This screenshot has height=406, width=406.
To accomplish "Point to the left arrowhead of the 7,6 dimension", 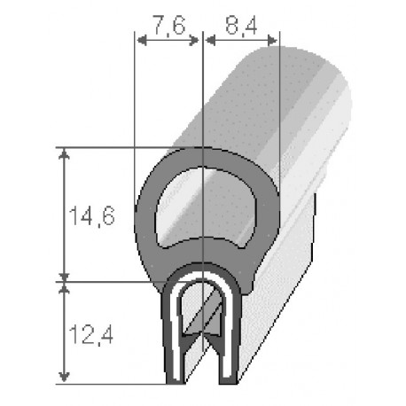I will click(138, 39).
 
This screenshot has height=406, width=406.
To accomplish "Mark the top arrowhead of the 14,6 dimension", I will click(63, 153).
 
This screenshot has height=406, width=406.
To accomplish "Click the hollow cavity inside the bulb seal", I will click(206, 202).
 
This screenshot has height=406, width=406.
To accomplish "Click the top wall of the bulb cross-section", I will click(206, 157).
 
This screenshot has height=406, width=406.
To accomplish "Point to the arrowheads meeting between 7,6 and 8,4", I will click(204, 39).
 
